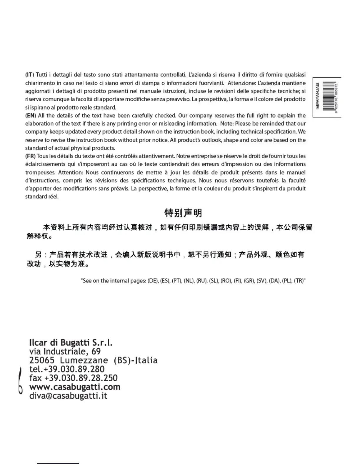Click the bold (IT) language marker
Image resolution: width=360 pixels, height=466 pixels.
coord(30,75)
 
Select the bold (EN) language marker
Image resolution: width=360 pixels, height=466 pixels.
coord(30,115)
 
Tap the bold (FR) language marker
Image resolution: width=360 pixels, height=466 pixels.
coord(30,156)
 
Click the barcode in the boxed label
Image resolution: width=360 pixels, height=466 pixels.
coord(329,97)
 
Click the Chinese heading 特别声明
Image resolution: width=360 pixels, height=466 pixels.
coord(183,213)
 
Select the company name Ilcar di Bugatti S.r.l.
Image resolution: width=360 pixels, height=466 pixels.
coord(71,342)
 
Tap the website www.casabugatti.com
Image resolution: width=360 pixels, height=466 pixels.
coord(75,387)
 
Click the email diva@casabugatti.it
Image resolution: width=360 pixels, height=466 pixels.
coord(68,396)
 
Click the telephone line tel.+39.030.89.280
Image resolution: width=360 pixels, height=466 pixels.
coord(67,369)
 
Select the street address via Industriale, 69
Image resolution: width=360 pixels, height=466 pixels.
coord(65,351)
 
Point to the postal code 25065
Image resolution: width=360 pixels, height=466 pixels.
coord(42,360)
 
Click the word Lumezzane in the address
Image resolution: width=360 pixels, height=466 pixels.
coord(84,360)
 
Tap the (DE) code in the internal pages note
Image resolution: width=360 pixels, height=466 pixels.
coord(153,281)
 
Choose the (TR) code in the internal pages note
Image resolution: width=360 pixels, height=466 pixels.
coord(299,281)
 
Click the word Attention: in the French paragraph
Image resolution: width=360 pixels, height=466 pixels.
coord(71,172)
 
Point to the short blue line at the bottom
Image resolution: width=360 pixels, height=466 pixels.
coord(58,463)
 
